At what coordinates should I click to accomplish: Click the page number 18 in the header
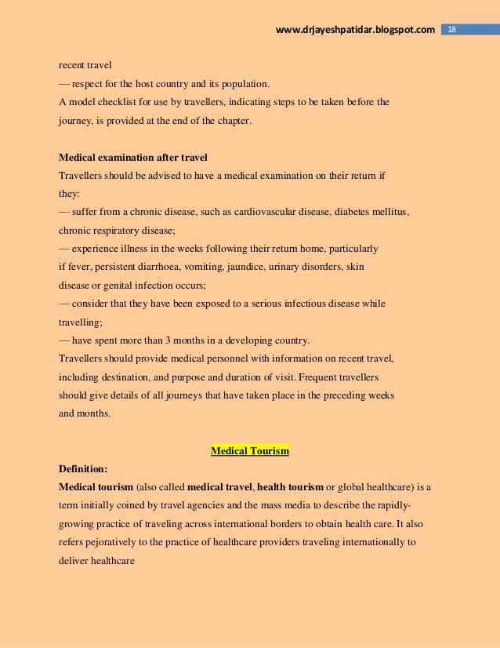pyautogui.click(x=451, y=30)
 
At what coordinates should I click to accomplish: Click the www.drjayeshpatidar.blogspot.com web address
pyautogui.click(x=356, y=30)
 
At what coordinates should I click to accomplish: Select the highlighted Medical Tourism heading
pyautogui.click(x=250, y=451)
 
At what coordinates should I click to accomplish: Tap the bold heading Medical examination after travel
pyautogui.click(x=133, y=157)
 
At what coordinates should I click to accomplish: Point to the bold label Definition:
pyautogui.click(x=83, y=468)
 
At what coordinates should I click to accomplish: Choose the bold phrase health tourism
pyautogui.click(x=290, y=486)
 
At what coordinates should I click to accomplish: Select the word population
pyautogui.click(x=239, y=84)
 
